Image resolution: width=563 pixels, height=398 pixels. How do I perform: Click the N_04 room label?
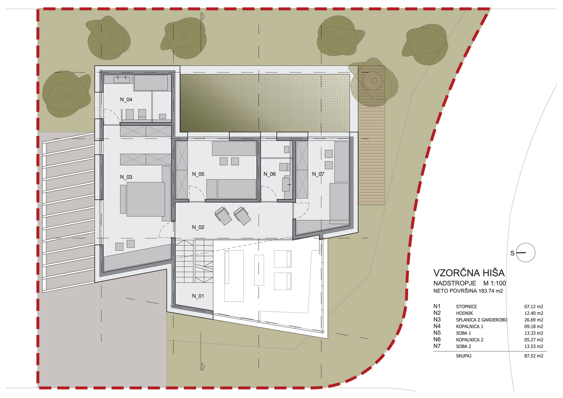(126, 100)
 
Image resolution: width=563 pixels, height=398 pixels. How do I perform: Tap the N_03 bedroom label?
(126, 177)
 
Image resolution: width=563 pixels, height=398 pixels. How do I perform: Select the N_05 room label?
(198, 174)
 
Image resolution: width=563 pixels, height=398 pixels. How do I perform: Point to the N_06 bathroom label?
(270, 174)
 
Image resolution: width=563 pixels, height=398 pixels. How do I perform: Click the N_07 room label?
(318, 174)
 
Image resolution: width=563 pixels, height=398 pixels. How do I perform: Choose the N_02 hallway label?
(198, 227)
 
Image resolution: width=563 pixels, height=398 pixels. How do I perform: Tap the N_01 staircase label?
(198, 296)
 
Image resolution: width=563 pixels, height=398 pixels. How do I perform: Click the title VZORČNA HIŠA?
(469, 273)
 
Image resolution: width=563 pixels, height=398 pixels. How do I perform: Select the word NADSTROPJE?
(455, 283)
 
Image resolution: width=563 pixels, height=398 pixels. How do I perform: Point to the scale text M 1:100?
(495, 283)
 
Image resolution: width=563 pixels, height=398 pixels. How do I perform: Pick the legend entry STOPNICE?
(466, 307)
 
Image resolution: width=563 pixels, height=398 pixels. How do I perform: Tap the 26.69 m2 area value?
(534, 320)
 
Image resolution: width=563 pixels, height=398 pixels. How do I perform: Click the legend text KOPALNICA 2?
(470, 340)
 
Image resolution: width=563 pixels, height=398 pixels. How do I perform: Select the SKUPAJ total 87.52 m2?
(534, 356)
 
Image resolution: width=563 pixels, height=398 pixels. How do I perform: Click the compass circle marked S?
(526, 243)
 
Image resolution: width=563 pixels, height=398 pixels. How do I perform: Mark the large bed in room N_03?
(146, 199)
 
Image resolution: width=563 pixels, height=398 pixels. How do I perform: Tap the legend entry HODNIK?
(464, 313)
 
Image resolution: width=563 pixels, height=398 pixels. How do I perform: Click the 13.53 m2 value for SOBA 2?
(534, 346)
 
